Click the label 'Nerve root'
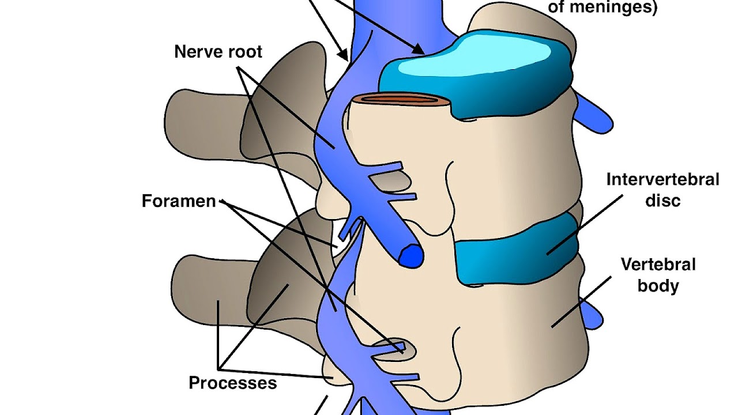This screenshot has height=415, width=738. coord(218,52)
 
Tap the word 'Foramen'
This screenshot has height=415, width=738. coord(179,201)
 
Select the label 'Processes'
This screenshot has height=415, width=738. coord(233,383)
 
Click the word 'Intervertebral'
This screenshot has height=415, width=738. coord(662,180)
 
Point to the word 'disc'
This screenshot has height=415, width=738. coord(662,201)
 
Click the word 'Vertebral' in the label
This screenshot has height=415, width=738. coord(658,265)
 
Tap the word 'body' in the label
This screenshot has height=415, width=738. coord(658,286)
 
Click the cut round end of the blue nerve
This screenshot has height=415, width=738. coord(411,256)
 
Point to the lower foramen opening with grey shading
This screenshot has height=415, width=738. coord(392,350)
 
